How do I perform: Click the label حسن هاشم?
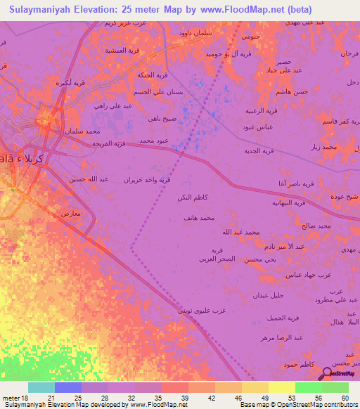(292, 92)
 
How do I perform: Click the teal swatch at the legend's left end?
(41, 387)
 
